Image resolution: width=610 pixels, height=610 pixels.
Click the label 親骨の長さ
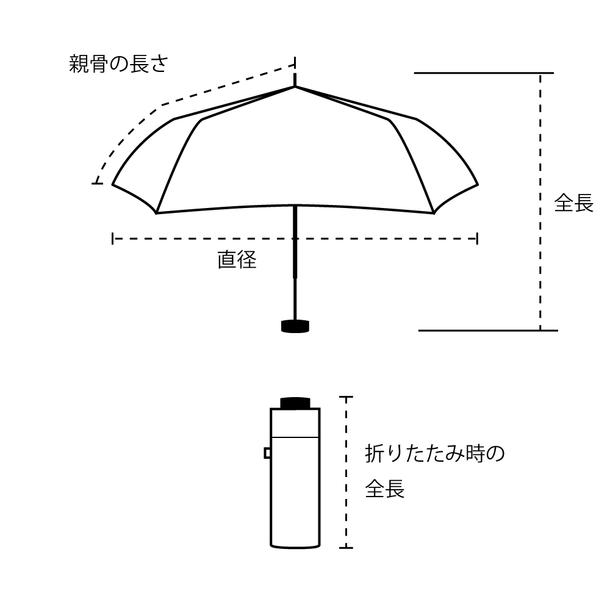coord(118,64)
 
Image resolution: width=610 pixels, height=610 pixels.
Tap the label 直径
coord(237,259)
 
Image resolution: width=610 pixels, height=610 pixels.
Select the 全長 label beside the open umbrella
coord(574,203)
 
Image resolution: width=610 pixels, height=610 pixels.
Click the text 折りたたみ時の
coord(434,454)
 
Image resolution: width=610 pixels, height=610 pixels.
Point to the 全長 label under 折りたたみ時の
coord(385,489)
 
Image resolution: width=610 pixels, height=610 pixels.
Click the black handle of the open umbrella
coord(295,326)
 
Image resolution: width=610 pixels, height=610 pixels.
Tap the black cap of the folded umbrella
coord(295,403)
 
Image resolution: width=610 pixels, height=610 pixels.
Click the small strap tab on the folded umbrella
coord(267,453)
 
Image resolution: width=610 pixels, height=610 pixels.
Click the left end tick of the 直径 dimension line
coord(113,239)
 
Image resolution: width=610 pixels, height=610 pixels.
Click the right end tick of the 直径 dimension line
coord(478,239)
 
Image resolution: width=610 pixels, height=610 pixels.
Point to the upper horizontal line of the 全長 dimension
coord(484,73)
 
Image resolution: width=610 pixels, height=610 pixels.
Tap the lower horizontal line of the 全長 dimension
coord(488,331)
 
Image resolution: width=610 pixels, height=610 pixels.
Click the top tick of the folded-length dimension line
coord(346,397)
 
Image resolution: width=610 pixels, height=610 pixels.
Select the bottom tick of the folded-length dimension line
coord(346,548)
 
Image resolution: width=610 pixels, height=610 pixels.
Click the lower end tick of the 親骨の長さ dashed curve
coord(97,183)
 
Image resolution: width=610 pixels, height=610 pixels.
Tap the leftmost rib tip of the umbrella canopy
coord(113,184)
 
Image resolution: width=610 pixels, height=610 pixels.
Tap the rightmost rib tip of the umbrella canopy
coord(478,184)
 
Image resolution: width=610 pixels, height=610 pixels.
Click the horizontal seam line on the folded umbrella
coord(295,437)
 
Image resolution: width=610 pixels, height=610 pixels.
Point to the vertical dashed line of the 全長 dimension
coord(540,201)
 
